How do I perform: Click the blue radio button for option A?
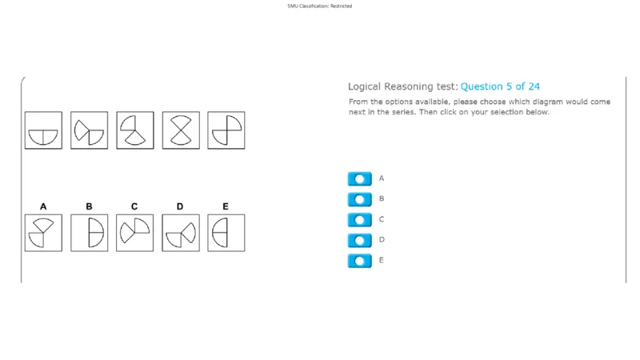point(359,178)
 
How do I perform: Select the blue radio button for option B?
point(359,199)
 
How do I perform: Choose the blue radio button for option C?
point(359,219)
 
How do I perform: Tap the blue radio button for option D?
point(359,241)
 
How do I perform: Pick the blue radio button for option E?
point(359,261)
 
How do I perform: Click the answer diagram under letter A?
point(43,233)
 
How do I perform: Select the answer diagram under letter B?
point(90,233)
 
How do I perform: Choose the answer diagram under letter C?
point(134,233)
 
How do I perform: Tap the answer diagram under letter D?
point(181,233)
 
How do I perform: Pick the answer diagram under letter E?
point(226,233)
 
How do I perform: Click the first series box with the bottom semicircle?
point(43,130)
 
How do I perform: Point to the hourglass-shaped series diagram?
point(181,130)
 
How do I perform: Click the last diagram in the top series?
point(226,130)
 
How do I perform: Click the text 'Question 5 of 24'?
point(500,86)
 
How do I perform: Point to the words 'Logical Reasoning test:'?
point(403,86)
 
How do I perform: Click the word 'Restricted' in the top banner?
point(342,6)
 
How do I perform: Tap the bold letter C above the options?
point(134,206)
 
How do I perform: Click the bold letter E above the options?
point(226,206)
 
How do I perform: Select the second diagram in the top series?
point(90,130)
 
